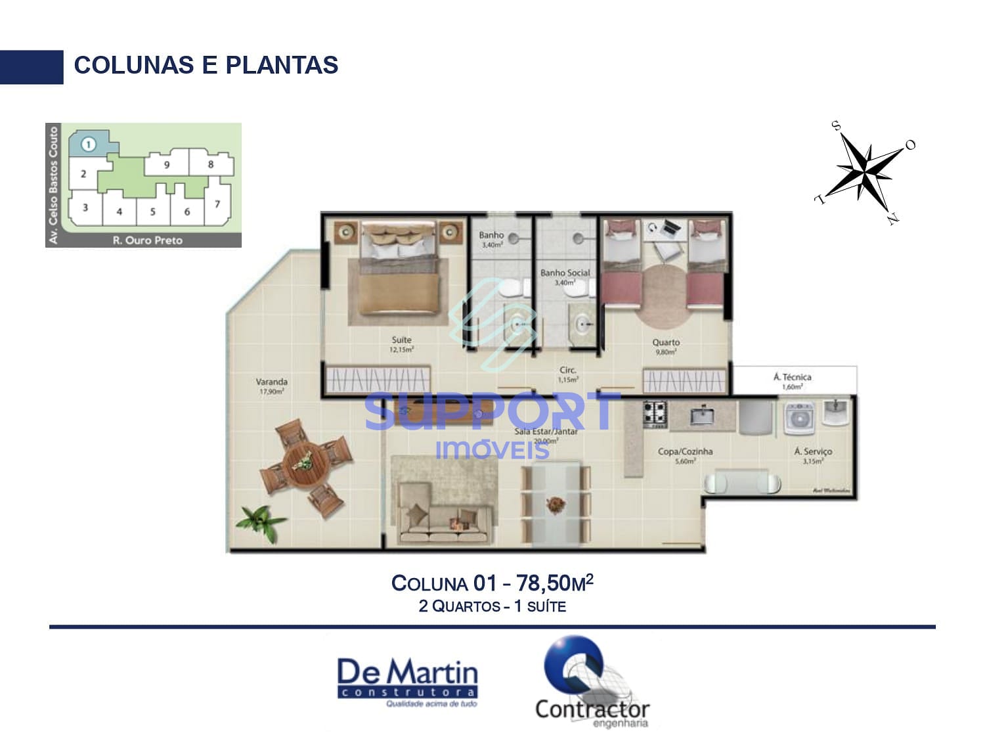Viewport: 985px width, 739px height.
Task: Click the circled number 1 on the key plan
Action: pyautogui.click(x=89, y=144)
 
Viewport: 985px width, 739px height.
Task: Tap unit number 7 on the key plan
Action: pyautogui.click(x=217, y=204)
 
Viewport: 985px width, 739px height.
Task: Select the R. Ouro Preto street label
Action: pyautogui.click(x=148, y=240)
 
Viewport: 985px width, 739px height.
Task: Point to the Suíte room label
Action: pyautogui.click(x=401, y=340)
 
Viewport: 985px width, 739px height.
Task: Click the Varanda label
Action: pyautogui.click(x=271, y=382)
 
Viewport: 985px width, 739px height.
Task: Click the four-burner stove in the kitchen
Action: pyautogui.click(x=655, y=413)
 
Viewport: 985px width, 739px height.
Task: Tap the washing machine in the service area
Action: pyautogui.click(x=799, y=418)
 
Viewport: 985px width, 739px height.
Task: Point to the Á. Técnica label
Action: pyautogui.click(x=792, y=377)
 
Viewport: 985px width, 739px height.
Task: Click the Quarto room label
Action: pyautogui.click(x=666, y=342)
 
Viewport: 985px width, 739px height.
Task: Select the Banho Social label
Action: pyautogui.click(x=565, y=273)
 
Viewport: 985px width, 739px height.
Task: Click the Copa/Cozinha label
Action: pyautogui.click(x=685, y=452)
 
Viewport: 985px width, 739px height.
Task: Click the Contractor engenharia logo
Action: pyautogui.click(x=591, y=683)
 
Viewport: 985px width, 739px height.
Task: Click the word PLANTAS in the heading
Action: pyautogui.click(x=282, y=65)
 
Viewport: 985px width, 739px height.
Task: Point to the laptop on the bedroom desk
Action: pyautogui.click(x=670, y=229)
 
